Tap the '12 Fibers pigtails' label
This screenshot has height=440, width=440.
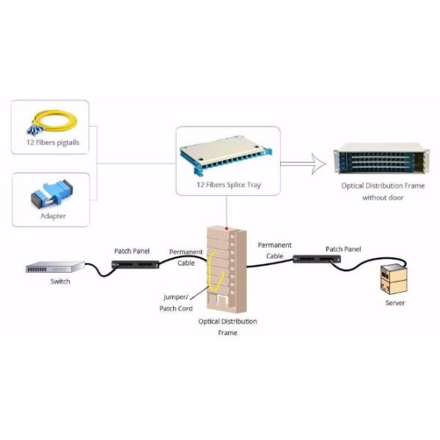click(51, 143)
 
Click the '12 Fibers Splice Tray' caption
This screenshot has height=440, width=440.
click(228, 185)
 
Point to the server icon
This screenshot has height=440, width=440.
click(392, 279)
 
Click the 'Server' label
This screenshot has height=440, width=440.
click(395, 302)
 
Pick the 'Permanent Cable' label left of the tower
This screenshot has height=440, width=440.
click(186, 256)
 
